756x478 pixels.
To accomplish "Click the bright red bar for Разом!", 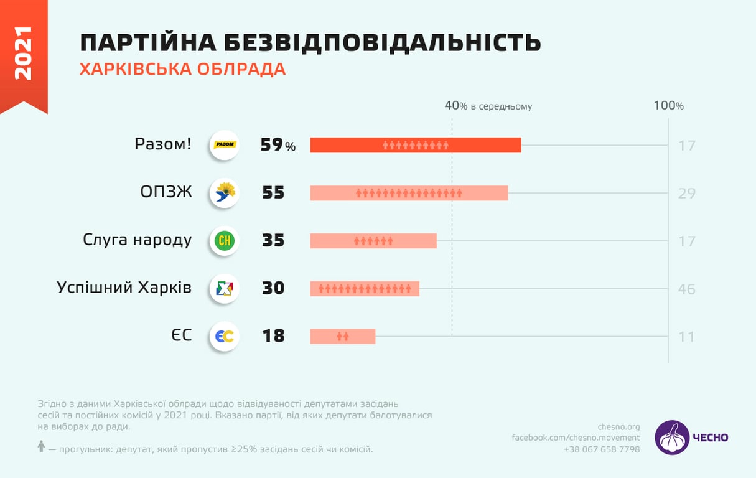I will (415, 145).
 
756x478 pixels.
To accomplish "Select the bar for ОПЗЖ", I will (409, 193).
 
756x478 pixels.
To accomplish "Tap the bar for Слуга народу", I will (373, 241).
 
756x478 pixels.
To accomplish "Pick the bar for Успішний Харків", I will (365, 288).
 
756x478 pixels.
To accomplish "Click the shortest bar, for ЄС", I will (343, 336).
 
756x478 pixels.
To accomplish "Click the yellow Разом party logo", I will (225, 145).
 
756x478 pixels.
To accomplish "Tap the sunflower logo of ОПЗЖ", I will (225, 193).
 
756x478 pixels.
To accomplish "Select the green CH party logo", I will (225, 241).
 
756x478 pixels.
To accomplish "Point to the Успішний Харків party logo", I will (225, 288).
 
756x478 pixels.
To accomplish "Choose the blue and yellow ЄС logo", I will (225, 336).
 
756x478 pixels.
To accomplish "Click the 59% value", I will (278, 145).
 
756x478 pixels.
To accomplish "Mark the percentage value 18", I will (273, 336).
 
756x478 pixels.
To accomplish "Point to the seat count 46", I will (686, 289).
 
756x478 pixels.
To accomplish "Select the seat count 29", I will (686, 194).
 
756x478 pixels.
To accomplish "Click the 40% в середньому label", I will (488, 106).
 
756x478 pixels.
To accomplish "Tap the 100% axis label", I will (668, 106).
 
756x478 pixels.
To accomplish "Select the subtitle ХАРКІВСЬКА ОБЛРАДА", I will (182, 69).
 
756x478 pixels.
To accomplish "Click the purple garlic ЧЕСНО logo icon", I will (672, 437).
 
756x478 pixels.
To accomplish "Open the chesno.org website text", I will (618, 426).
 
